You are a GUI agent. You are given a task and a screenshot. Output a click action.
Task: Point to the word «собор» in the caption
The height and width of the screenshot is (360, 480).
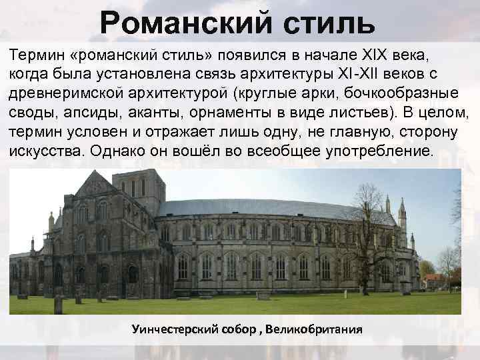tap(239, 330)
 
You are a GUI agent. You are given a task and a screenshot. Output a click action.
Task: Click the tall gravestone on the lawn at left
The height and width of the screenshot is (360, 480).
tap(58, 304)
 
